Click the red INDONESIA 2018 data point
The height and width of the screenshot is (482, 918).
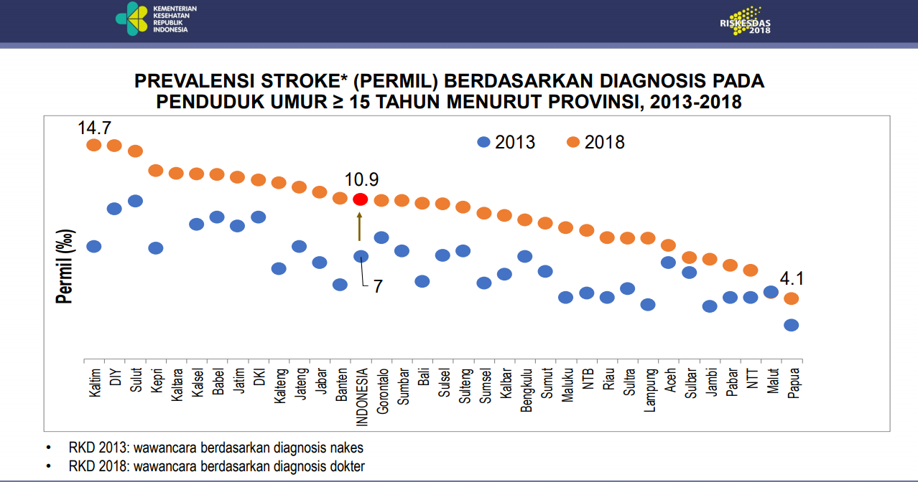click(361, 199)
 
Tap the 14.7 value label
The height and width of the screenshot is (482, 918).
click(95, 128)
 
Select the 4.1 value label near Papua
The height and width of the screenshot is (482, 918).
click(792, 278)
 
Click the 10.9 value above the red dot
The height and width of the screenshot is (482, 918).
click(361, 179)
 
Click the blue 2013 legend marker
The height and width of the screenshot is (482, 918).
click(484, 142)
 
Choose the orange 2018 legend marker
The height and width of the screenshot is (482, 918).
click(573, 142)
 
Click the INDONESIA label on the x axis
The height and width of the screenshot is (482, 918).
click(362, 397)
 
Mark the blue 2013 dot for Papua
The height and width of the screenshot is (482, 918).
click(792, 325)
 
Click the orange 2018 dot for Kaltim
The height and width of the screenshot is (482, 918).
click(93, 146)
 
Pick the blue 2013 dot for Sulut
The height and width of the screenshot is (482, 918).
click(135, 200)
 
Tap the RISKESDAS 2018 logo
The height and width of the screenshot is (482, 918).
click(746, 21)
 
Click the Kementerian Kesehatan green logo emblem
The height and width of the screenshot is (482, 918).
click(132, 18)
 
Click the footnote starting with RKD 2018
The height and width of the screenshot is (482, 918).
click(216, 466)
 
